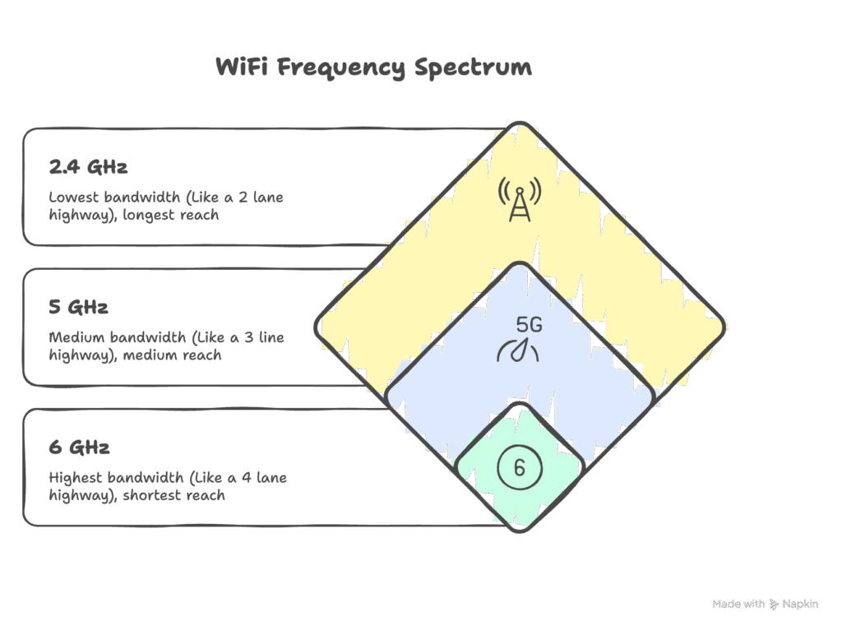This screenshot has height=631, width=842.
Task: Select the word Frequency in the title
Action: [341, 67]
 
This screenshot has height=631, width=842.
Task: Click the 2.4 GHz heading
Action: [88, 168]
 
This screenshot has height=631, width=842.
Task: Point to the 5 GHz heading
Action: [79, 308]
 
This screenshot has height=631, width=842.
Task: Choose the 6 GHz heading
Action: [79, 448]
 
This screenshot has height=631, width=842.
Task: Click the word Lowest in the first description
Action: [72, 197]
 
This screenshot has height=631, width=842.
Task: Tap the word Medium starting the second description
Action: [74, 338]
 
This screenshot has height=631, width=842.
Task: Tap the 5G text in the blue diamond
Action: [529, 325]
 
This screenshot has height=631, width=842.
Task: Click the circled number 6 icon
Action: [519, 468]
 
